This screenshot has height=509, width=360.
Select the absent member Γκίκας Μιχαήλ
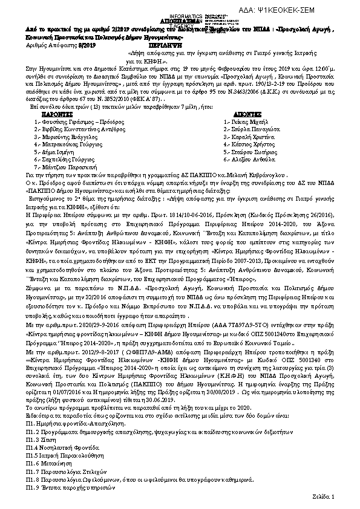pyautogui.click(x=243, y=121)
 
